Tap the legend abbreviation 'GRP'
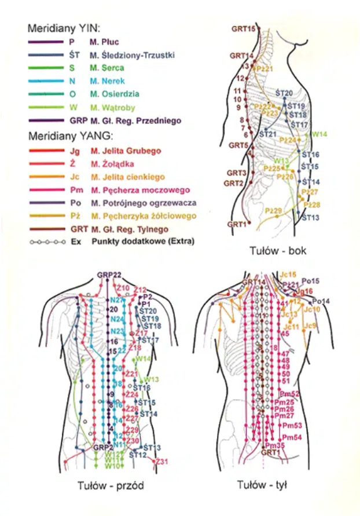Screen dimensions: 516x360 [x=75, y=120]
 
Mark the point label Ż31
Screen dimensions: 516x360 [x=163, y=462]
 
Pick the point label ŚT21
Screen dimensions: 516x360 [x=267, y=134]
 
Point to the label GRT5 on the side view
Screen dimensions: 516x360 [x=238, y=145]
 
